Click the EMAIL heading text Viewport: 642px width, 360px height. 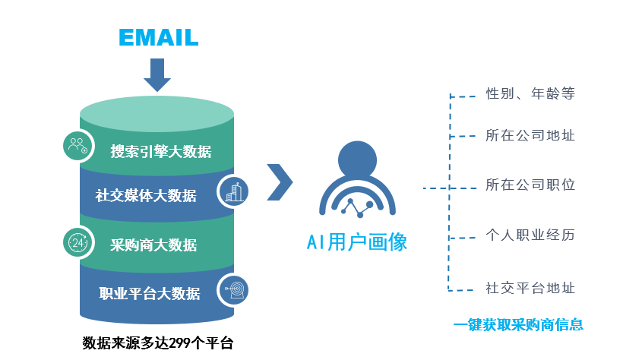point(158,36)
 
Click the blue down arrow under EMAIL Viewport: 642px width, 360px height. point(157,74)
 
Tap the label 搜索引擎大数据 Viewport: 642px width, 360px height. point(161,151)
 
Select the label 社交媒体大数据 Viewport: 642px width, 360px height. point(146,195)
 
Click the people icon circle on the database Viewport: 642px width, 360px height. point(77,146)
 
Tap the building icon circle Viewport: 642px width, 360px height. point(232,191)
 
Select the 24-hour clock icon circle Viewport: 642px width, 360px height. point(77,242)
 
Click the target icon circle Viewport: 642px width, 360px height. point(233,289)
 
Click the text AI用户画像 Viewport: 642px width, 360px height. point(357,242)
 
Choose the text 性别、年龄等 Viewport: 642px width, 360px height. point(530,94)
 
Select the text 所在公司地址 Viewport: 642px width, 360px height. point(530,136)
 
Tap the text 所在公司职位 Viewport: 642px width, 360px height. point(530,185)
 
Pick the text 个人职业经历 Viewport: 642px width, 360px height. point(530,235)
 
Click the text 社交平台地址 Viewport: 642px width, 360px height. point(530,288)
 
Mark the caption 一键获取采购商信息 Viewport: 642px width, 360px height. point(518,325)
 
